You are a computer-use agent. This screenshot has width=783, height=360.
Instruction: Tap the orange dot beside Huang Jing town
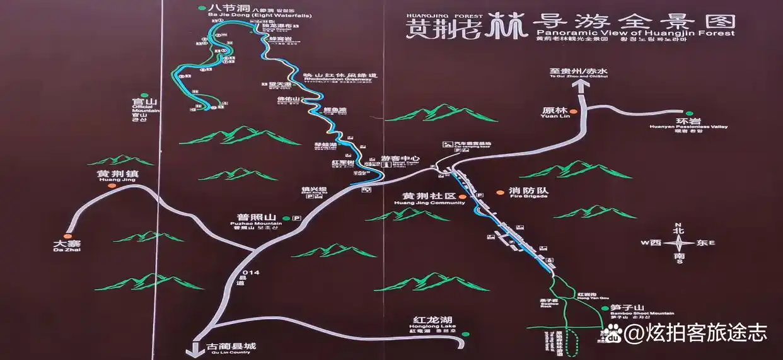pyautogui.click(x=112, y=185)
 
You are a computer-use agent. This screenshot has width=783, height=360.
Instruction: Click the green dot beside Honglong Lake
pyautogui.click(x=465, y=334)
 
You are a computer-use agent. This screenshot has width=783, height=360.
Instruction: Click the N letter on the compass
pyautogui.click(x=678, y=225)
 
